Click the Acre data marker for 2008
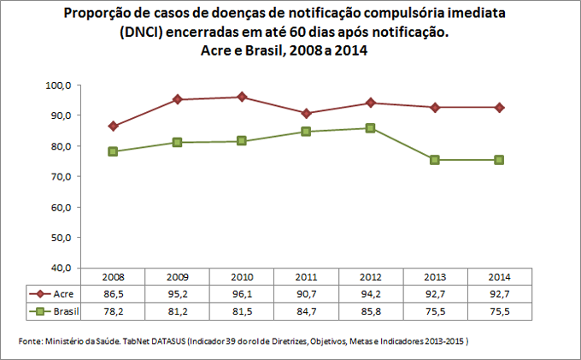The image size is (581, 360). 113,126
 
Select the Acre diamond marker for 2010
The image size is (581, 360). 242,97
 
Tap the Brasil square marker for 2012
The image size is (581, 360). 370,128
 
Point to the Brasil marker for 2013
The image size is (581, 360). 434,160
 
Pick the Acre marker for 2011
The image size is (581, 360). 306,113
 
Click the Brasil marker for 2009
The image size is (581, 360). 177,142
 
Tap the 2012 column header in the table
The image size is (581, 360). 370,277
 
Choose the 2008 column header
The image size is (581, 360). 113,277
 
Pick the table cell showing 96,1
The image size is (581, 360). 242,292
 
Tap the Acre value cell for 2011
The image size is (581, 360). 306,292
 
